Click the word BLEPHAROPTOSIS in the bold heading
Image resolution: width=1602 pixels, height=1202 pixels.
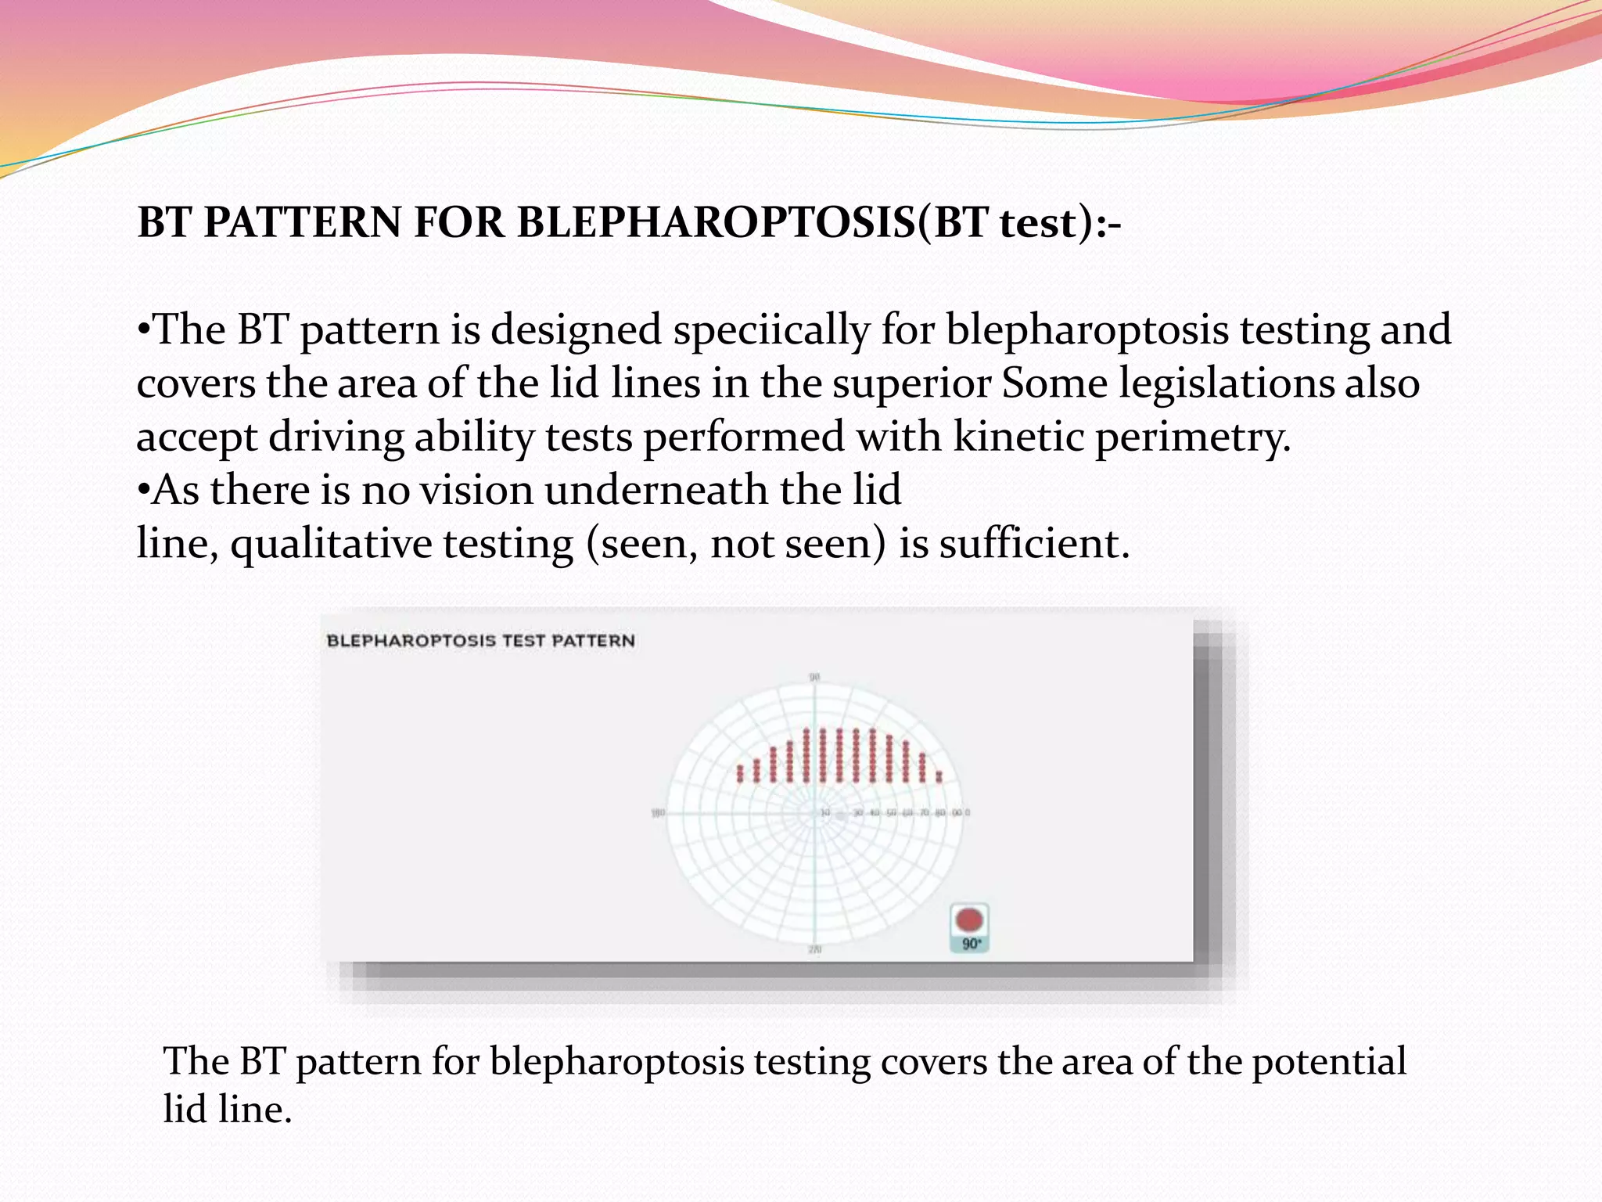pos(716,223)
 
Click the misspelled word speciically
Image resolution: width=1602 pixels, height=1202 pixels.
pos(771,330)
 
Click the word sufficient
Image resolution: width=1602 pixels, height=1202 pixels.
pos(1034,544)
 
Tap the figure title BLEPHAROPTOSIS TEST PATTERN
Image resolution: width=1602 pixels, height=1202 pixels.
pos(480,641)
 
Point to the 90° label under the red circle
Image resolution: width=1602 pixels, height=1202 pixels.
pos(971,944)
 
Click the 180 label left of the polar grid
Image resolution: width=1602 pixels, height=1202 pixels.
pos(658,813)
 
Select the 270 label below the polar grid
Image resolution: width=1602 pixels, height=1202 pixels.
pos(814,950)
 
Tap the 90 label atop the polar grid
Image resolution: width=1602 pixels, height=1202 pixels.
pos(814,677)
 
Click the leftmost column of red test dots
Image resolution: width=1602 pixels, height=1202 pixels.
pos(740,773)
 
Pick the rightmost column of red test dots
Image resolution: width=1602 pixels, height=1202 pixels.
pos(939,776)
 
